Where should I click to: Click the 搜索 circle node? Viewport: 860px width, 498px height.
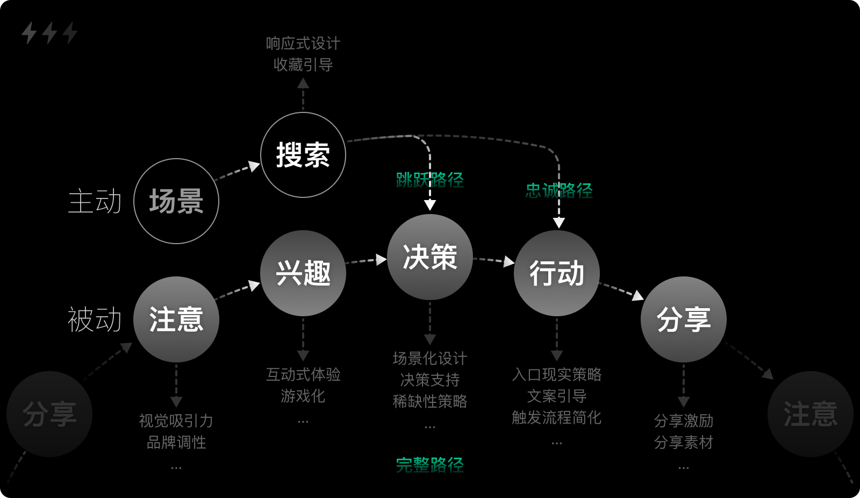[x=303, y=155]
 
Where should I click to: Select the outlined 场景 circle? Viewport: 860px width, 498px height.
[x=176, y=201]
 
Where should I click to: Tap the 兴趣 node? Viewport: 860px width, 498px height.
[x=303, y=273]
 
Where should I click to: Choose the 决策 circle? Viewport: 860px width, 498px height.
[x=430, y=257]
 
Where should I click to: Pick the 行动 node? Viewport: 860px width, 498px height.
[x=557, y=273]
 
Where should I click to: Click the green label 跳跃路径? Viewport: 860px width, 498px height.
[x=430, y=180]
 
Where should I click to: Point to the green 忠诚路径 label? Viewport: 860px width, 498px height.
[x=559, y=190]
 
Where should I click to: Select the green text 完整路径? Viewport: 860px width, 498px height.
[x=430, y=465]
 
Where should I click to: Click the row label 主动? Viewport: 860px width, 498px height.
[x=95, y=201]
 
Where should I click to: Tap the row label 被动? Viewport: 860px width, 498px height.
[x=95, y=319]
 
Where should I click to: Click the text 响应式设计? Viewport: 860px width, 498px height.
[x=303, y=44]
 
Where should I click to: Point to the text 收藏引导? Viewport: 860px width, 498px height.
[x=303, y=65]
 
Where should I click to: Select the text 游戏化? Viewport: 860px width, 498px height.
[x=303, y=396]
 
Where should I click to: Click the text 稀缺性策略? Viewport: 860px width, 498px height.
[x=430, y=401]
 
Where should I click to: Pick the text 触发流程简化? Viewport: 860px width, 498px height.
[x=557, y=417]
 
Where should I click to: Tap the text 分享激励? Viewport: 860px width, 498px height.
[x=684, y=421]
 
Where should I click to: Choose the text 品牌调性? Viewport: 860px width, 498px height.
[x=176, y=442]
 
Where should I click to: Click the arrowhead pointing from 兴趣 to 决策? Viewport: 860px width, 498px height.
[x=381, y=260]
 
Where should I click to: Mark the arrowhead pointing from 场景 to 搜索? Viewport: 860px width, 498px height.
[x=254, y=166]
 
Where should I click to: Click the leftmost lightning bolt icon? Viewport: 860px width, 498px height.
[x=29, y=33]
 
